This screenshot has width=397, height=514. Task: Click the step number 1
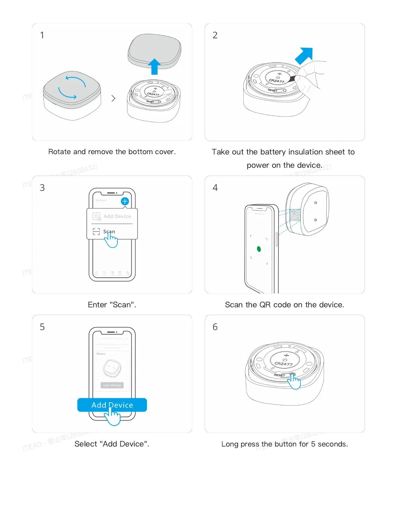click(42, 35)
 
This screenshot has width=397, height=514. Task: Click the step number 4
click(215, 188)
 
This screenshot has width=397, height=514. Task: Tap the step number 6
click(215, 327)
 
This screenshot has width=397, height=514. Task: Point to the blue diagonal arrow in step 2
click(305, 55)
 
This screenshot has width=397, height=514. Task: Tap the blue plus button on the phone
click(125, 201)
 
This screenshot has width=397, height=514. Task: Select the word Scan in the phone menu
click(109, 231)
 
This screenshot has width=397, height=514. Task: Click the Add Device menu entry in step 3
click(117, 216)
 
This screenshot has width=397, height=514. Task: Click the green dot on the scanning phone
click(259, 249)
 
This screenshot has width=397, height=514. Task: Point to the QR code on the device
click(295, 215)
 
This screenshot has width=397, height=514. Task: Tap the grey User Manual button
click(112, 385)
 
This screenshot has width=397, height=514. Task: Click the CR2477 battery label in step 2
click(277, 80)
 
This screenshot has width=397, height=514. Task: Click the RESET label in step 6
click(279, 375)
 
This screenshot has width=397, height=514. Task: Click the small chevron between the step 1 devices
click(113, 98)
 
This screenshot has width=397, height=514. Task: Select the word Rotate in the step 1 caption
click(60, 152)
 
